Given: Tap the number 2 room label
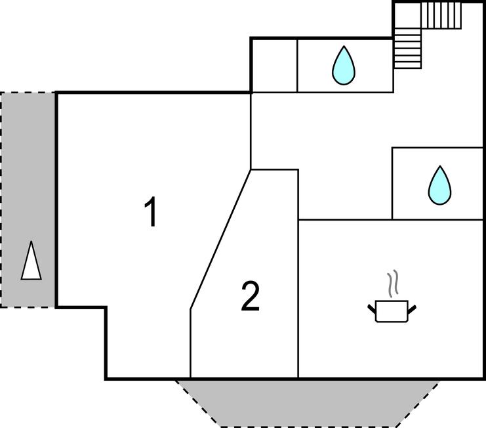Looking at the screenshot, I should click(x=251, y=297).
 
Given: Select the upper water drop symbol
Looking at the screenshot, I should click(x=344, y=66).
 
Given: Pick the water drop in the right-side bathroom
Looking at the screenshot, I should click(x=439, y=185).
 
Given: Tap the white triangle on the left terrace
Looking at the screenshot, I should click(x=31, y=261).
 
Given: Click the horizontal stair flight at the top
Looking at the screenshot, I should click(x=441, y=14).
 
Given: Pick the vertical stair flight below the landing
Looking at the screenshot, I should click(x=408, y=49).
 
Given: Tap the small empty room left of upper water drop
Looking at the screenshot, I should click(x=274, y=65).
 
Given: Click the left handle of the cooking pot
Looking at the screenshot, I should click(x=372, y=307).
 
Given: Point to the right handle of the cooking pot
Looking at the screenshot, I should click(x=413, y=307).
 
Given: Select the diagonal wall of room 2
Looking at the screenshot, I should click(x=220, y=240).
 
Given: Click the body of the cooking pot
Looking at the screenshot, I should click(x=392, y=312).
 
